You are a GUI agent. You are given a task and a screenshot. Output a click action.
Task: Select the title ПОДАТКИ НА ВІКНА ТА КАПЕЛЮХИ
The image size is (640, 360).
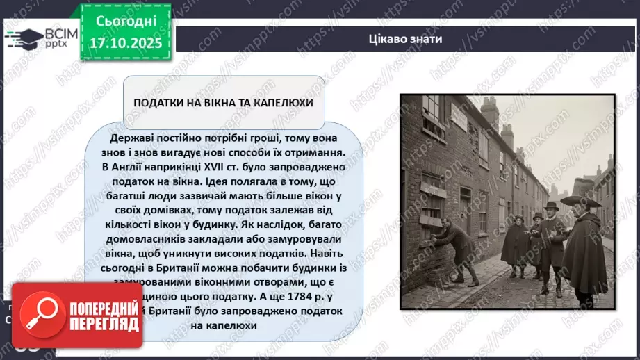click(x=224, y=102)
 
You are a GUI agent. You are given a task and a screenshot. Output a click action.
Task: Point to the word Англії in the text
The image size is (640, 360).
click(x=124, y=167)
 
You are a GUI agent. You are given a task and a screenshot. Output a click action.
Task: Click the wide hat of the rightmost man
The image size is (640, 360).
click(x=582, y=200)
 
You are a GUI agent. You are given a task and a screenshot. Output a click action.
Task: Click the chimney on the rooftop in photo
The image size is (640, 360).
click(x=490, y=111)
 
